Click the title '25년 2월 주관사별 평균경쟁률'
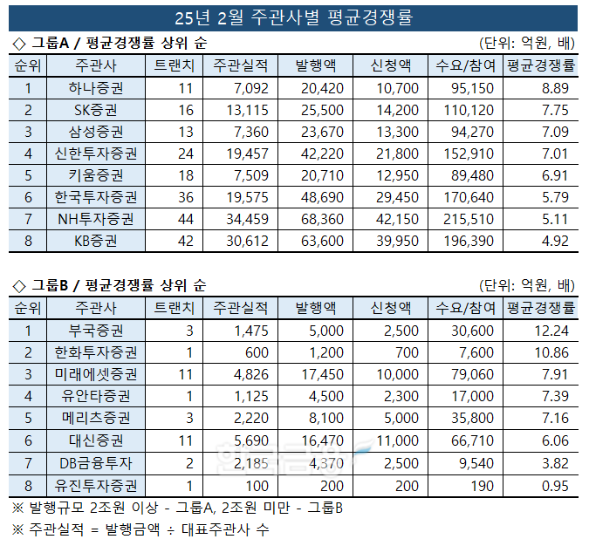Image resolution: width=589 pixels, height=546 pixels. (x=294, y=17)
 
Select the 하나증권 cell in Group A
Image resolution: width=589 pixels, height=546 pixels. (x=95, y=88)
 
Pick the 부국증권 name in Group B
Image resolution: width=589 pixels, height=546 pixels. (x=95, y=331)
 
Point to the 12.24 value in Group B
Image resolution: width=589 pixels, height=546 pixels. (x=551, y=331)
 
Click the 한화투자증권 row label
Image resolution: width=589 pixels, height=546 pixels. (x=95, y=352)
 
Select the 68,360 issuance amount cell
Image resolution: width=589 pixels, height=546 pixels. (x=323, y=219)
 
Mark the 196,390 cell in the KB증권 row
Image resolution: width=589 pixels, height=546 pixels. (x=470, y=241)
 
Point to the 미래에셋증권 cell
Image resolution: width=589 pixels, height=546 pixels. (x=95, y=374)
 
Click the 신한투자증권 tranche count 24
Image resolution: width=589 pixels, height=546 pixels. (x=184, y=154)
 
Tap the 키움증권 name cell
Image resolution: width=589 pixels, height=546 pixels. (x=95, y=175)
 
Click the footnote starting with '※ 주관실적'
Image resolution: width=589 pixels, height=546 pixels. (x=140, y=529)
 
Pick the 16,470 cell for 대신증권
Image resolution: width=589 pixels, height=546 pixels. (x=323, y=440)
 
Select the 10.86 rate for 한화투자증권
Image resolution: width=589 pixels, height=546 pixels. (x=551, y=352)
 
